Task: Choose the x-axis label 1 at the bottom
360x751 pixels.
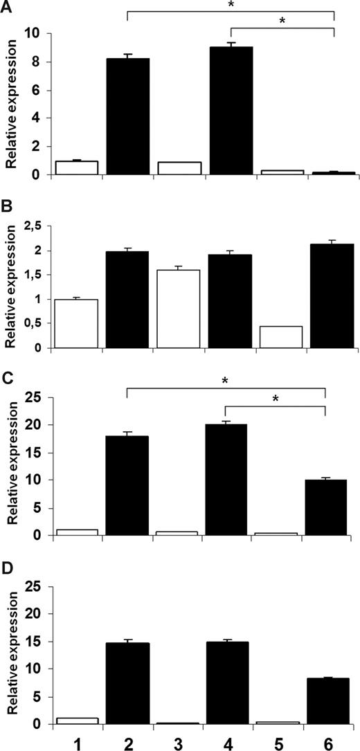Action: click(77, 739)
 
